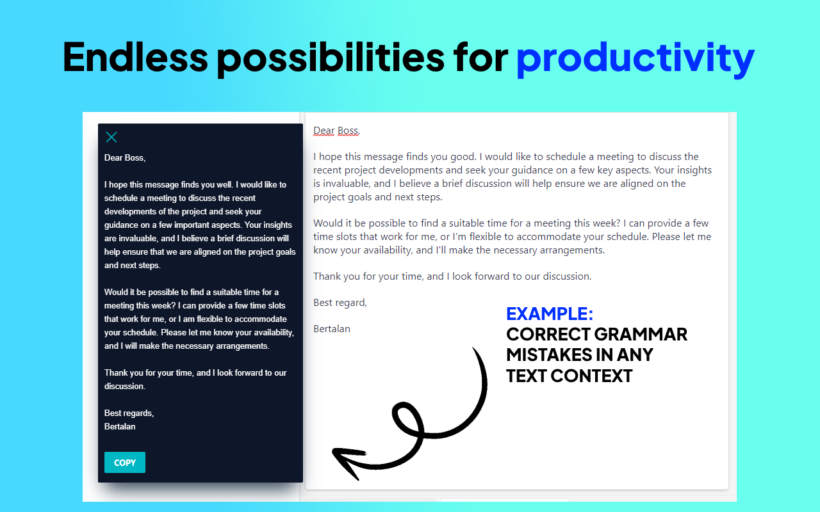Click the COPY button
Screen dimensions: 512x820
(125, 463)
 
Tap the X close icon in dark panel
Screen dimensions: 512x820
(111, 137)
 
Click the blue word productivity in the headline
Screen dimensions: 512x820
(635, 57)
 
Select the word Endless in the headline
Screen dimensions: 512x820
(135, 57)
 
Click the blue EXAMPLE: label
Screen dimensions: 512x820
(550, 314)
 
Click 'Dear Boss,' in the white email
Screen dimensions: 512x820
(336, 131)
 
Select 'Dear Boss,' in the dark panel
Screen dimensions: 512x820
(125, 157)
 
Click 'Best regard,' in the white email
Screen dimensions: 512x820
(340, 303)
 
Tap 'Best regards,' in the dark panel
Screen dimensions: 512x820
(129, 413)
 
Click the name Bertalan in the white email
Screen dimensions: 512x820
(332, 329)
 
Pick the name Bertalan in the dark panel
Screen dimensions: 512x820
(120, 426)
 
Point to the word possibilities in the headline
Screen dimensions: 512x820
(330, 57)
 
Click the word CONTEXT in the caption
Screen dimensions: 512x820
(591, 376)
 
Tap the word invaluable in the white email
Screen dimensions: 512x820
(347, 184)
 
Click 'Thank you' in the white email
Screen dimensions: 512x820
(336, 276)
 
